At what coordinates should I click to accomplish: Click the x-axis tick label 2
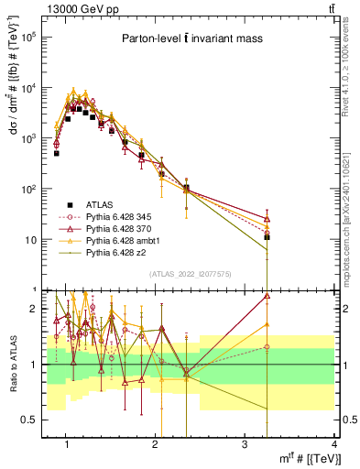pos(156,444)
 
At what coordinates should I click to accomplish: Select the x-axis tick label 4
pos(333,444)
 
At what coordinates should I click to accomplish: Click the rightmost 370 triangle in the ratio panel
pos(267,296)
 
